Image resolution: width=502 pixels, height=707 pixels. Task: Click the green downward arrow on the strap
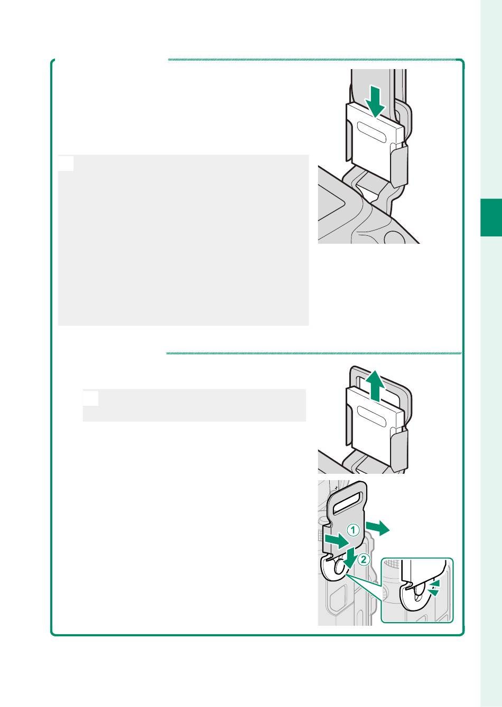[375, 102]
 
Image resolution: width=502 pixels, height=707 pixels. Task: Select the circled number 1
[353, 530]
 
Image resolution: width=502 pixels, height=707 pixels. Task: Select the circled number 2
[364, 560]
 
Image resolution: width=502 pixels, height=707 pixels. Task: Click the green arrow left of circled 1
[337, 541]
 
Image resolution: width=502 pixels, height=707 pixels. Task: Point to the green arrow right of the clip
[377, 528]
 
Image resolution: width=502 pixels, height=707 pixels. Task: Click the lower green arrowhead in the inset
[435, 593]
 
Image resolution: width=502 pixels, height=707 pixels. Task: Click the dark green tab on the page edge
[491, 217]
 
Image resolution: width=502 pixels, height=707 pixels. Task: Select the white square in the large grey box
[66, 164]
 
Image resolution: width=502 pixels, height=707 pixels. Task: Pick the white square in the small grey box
[91, 398]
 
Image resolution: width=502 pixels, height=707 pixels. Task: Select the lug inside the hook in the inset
[417, 593]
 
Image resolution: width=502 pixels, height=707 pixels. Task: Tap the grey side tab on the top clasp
[399, 166]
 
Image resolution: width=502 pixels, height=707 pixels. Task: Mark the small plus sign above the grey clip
[336, 488]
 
